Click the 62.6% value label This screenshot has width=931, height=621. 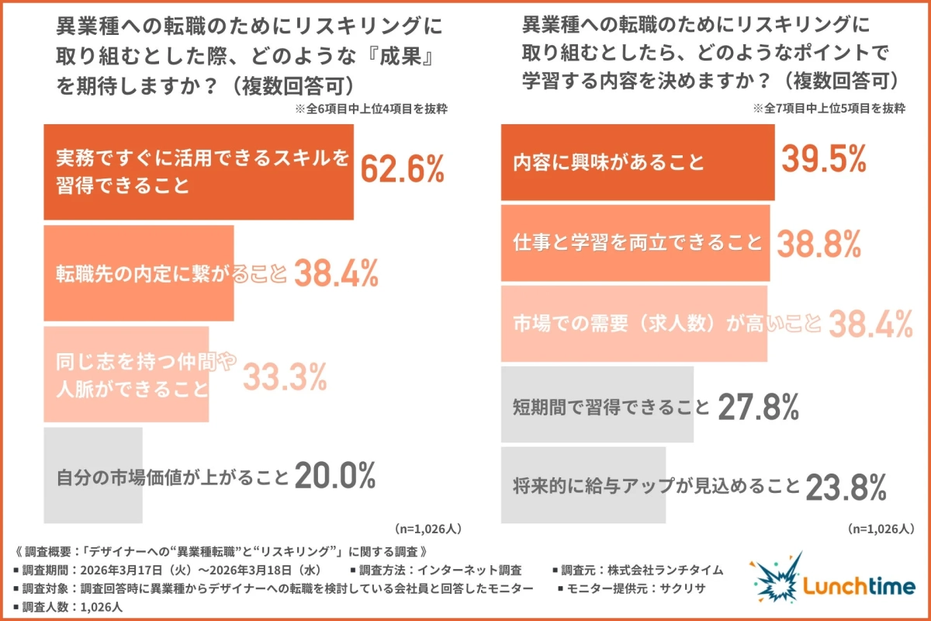coord(403,168)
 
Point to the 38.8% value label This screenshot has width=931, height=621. coord(818,244)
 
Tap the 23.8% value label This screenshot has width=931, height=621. coord(845,487)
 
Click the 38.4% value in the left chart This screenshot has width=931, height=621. coord(335,272)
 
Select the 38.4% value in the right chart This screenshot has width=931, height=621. coord(870,324)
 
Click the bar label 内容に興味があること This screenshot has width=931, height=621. coord(609,163)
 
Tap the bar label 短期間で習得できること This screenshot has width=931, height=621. coord(611,406)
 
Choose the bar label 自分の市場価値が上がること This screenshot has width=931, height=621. coord(172,475)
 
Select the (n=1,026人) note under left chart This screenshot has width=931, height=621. coord(428,529)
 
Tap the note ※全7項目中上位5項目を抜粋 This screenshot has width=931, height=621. coord(829,109)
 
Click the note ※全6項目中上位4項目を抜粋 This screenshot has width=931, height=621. coord(371,109)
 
